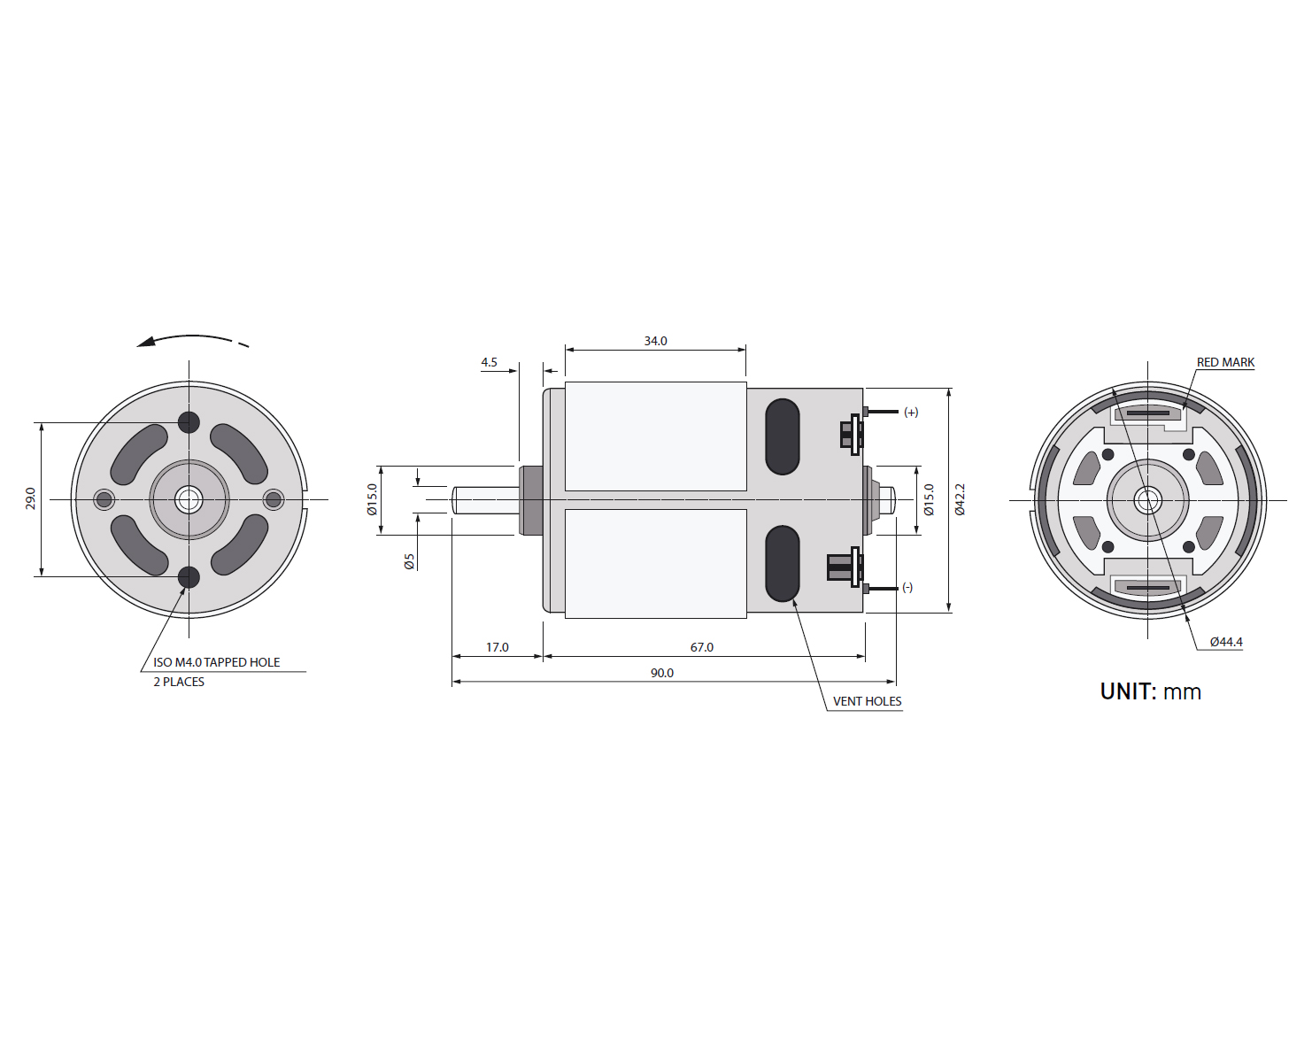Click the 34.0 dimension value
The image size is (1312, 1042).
coord(655,341)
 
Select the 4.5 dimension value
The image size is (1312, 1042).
coord(489,362)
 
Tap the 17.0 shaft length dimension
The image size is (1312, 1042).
coord(497,647)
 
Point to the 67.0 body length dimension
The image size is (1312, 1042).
coord(701,647)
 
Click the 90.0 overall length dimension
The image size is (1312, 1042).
coord(661,673)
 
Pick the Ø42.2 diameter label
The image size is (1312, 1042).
coord(960,499)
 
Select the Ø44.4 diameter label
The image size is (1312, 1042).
coord(1226,642)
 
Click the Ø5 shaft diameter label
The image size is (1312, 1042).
coord(409,561)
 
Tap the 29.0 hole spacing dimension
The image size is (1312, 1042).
coord(30,498)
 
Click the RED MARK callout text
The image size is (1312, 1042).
coord(1225,362)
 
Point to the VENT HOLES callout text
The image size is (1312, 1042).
coord(867,701)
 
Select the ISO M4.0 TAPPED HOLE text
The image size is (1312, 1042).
coord(216,662)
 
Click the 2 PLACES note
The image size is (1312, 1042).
coord(179,682)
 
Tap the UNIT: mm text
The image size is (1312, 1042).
coord(1150,691)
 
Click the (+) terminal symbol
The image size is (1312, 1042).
coord(911,412)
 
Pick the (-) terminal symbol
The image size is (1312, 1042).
coord(907,587)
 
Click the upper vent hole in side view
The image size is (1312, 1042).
coord(782,436)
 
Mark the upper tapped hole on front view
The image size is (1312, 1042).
coord(189,422)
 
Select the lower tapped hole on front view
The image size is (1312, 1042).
coord(189,577)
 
